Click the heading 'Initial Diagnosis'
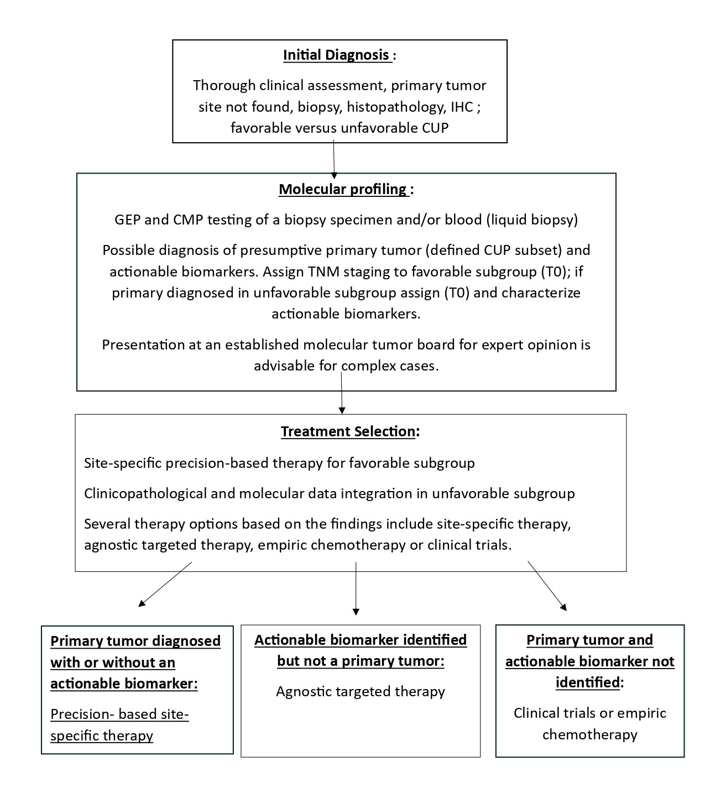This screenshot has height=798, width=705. coord(336,55)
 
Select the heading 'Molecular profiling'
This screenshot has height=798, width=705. coord(343,189)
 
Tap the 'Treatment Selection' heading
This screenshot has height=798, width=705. coord(348,431)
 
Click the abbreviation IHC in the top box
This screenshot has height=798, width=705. coord(462,107)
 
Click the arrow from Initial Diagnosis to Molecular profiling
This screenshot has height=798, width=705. coord(334,159)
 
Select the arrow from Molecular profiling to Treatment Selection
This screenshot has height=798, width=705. coord(342,393)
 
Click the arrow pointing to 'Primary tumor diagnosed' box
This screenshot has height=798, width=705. coord(165,584)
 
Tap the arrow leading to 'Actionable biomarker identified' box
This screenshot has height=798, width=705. coord(356,588)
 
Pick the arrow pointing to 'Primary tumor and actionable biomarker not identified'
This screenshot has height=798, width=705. coord(547,586)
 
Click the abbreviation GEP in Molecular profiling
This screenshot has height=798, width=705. coord(127,220)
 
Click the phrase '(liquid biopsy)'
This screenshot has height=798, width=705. coord(532,220)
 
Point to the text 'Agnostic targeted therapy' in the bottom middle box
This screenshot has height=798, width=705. coord(361,691)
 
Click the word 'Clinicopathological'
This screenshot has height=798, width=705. coord(145,493)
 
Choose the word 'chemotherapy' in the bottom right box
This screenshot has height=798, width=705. coord(589,734)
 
